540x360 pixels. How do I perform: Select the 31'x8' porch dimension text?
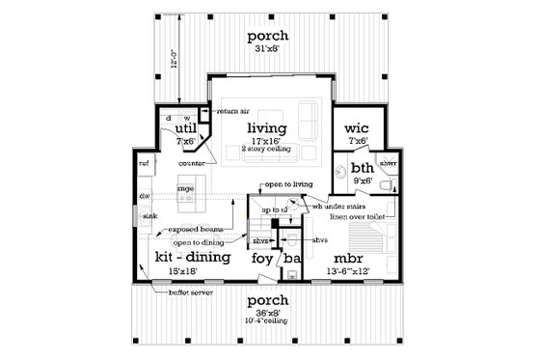click(x=268, y=51)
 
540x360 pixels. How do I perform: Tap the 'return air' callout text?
click(x=234, y=112)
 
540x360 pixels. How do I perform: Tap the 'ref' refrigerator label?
click(x=144, y=164)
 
